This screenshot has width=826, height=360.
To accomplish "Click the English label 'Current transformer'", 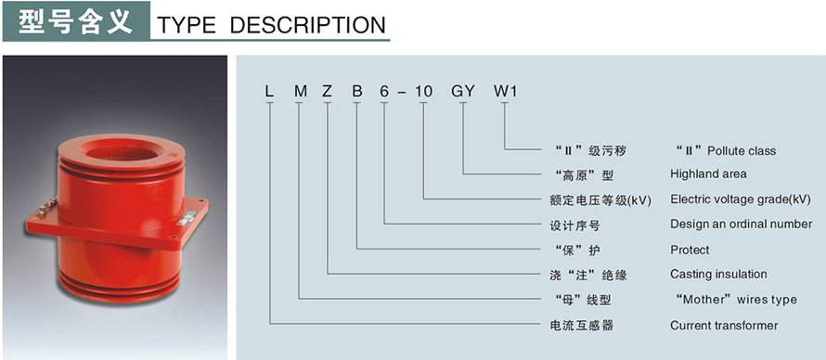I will pyautogui.click(x=724, y=326).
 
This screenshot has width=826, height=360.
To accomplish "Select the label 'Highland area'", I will pyautogui.click(x=708, y=174).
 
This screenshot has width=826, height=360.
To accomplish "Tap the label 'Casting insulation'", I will pyautogui.click(x=718, y=275).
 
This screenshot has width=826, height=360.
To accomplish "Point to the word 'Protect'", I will pyautogui.click(x=690, y=250).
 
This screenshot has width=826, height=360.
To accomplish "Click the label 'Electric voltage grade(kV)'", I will pyautogui.click(x=741, y=199).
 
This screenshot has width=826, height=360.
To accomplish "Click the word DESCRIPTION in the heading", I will pyautogui.click(x=307, y=25).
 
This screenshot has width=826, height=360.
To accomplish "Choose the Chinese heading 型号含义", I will pyautogui.click(x=74, y=21).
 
